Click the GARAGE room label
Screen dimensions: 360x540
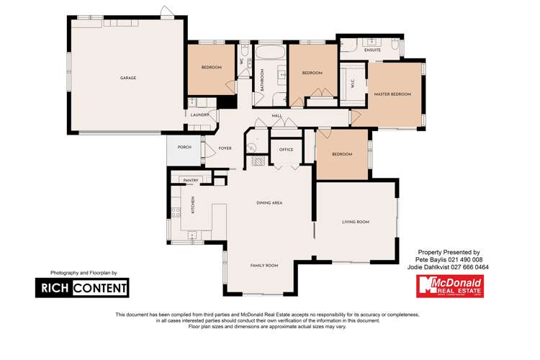coord(127,78)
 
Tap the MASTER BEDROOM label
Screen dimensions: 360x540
coord(392,94)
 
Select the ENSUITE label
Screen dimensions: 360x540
coord(372,50)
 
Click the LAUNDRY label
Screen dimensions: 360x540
coord(199,114)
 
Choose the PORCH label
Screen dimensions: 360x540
coord(184,147)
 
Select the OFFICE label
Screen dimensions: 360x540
coord(286,150)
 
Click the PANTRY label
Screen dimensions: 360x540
coord(191,181)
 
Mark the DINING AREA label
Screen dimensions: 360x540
coord(269,203)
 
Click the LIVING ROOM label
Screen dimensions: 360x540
coord(355,222)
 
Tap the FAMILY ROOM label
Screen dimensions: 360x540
coord(264,266)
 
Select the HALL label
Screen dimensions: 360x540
coord(276,116)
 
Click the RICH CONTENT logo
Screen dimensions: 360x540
coord(83,288)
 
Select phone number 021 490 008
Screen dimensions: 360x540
coord(465,259)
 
